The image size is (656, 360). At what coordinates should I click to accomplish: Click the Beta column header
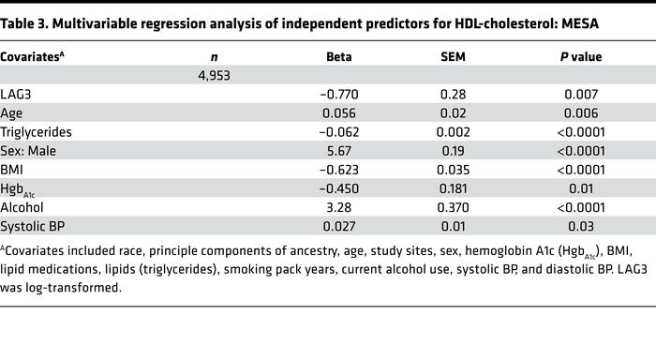[x=339, y=56]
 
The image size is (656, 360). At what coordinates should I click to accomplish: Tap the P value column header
[x=581, y=56]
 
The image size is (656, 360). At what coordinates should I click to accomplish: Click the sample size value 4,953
[x=214, y=75]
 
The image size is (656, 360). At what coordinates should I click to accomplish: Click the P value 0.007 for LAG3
[x=581, y=95]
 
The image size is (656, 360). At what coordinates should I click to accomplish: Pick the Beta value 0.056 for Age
[x=339, y=113]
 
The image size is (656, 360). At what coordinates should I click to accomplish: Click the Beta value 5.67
[x=339, y=151]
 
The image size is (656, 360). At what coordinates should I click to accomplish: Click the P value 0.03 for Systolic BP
[x=581, y=226]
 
